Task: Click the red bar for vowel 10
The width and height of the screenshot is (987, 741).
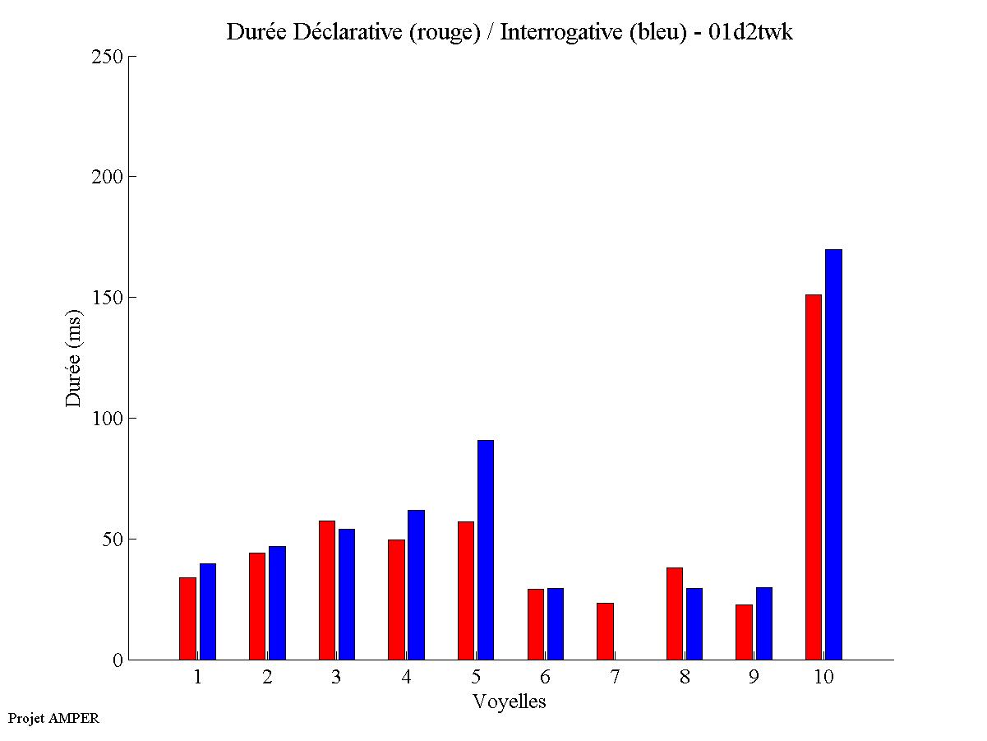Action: pos(814,477)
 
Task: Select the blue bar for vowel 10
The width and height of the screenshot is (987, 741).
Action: pos(833,454)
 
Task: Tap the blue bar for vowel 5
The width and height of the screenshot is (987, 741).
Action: pos(486,549)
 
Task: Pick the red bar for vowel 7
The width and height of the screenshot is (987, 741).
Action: pos(605,631)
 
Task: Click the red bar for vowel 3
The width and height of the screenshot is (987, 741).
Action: pos(326,590)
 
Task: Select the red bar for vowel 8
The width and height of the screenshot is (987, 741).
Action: pos(675,613)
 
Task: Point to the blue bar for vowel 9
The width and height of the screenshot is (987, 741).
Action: pos(764,623)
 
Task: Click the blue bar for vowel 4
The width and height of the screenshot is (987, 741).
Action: pos(416,585)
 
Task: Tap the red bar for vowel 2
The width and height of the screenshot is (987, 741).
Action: pos(257,606)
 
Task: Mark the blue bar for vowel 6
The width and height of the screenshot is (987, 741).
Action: pos(556,623)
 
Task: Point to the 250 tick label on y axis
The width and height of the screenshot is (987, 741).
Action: pos(107,57)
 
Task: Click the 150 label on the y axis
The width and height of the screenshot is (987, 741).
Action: pos(107,298)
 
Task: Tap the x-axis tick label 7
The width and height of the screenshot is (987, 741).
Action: pos(615,678)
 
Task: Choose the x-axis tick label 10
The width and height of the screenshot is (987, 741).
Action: pos(823,678)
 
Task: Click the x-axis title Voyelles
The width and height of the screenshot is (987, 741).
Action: pos(510,702)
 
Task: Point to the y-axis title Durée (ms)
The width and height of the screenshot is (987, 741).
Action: pos(74,358)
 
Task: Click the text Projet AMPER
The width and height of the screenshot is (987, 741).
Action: pos(53,718)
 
